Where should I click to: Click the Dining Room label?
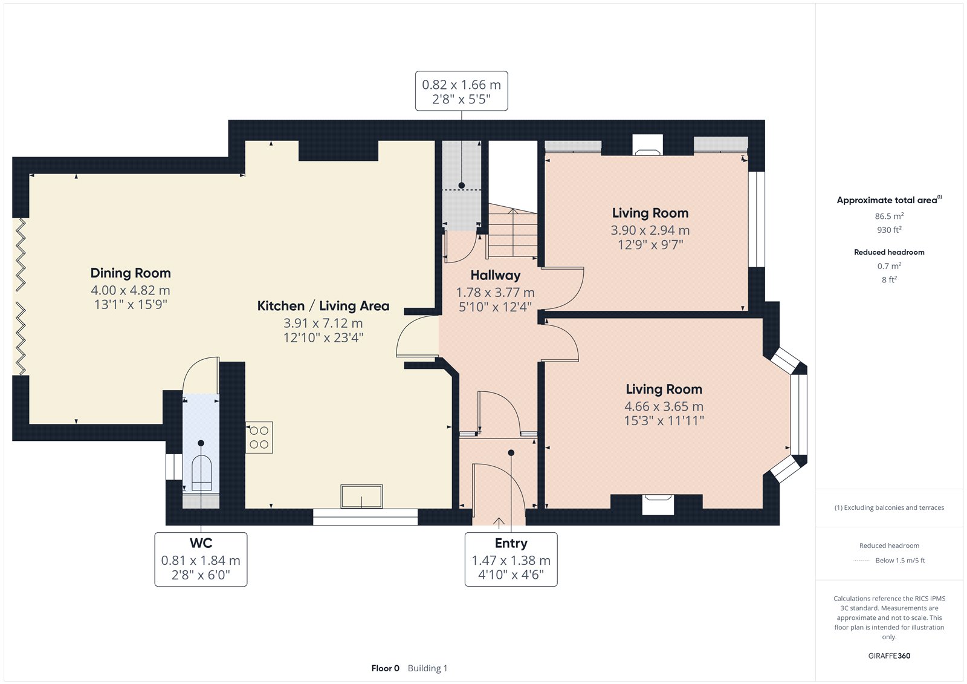pyautogui.click(x=131, y=273)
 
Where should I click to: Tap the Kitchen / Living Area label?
pyautogui.click(x=323, y=306)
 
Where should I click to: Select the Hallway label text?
pyautogui.click(x=495, y=275)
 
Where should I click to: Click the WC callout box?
pyautogui.click(x=201, y=559)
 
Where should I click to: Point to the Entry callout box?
pyautogui.click(x=511, y=559)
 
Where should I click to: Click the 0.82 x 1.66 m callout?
pyautogui.click(x=461, y=91)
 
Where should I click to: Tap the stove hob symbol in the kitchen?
pyautogui.click(x=259, y=437)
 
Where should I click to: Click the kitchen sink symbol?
pyautogui.click(x=361, y=497)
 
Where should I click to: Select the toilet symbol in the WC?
pyautogui.click(x=201, y=473)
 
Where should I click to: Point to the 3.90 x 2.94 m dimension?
pyautogui.click(x=650, y=230)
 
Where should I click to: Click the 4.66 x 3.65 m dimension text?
pyautogui.click(x=664, y=406)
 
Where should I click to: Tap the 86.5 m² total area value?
pyautogui.click(x=889, y=216)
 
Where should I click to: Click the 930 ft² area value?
pyautogui.click(x=889, y=230)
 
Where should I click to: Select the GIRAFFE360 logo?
pyautogui.click(x=889, y=656)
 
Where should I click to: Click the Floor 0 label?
pyautogui.click(x=385, y=668)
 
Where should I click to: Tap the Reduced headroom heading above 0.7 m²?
pyautogui.click(x=889, y=252)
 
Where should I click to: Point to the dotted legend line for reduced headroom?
pyautogui.click(x=862, y=561)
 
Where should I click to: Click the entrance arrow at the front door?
pyautogui.click(x=499, y=523)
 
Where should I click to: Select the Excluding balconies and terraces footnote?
pyautogui.click(x=889, y=507)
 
